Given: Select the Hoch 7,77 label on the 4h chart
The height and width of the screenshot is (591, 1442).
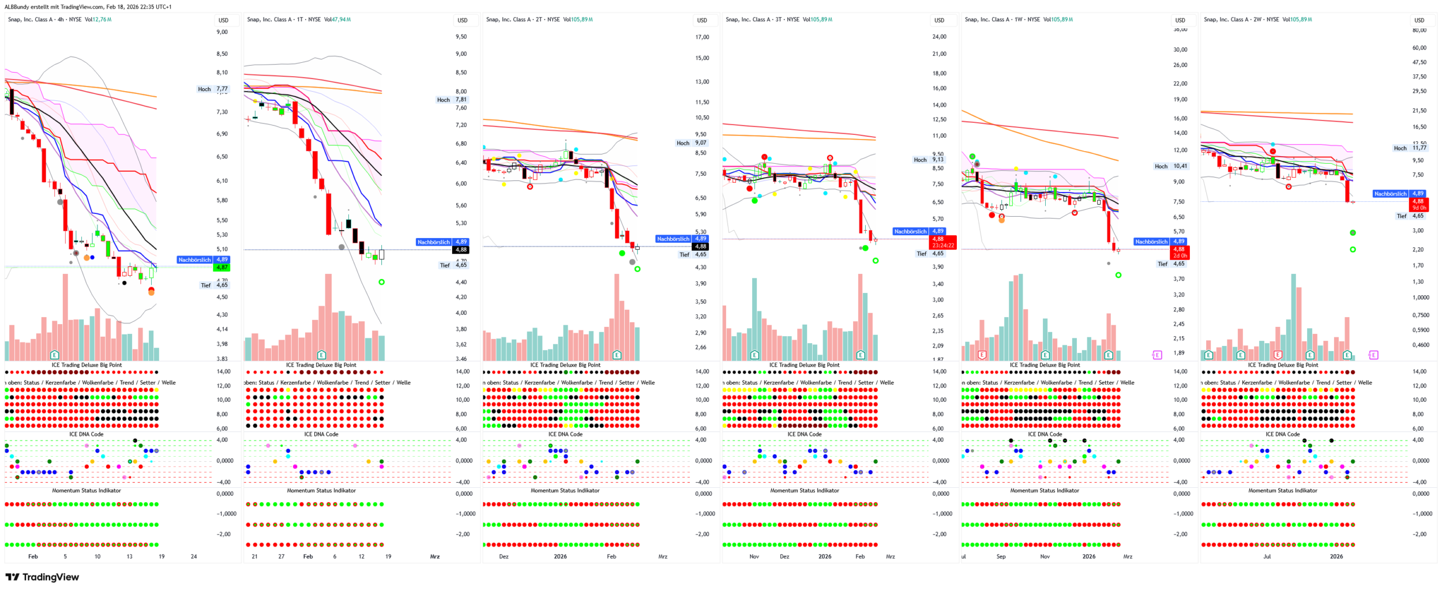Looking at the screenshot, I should (213, 89).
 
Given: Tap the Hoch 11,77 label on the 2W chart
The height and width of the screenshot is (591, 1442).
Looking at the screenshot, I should (1410, 148).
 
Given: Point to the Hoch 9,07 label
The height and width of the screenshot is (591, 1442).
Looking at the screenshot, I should (692, 143).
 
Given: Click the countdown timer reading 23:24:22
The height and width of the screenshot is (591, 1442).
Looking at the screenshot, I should (943, 246).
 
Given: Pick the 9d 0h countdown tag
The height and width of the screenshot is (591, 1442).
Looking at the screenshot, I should (1419, 208).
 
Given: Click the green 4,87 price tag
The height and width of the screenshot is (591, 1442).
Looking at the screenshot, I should (221, 268).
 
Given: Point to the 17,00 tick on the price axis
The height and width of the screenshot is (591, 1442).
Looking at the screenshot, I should (702, 37).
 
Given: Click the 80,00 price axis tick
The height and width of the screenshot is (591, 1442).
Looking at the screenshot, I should (1419, 30).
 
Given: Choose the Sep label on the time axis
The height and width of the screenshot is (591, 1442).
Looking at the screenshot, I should (1001, 556).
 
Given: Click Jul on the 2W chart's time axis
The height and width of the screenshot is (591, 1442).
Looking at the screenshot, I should (1267, 556).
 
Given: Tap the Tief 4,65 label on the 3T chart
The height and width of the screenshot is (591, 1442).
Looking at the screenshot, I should (930, 254).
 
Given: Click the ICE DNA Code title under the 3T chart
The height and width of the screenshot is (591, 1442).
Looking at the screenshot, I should (804, 434).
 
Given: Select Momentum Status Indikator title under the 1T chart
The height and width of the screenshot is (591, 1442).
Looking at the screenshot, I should (321, 491).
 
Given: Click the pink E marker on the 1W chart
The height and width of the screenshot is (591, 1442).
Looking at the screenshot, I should (1157, 355).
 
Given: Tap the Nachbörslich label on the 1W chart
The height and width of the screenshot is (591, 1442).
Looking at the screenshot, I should (1151, 242).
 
